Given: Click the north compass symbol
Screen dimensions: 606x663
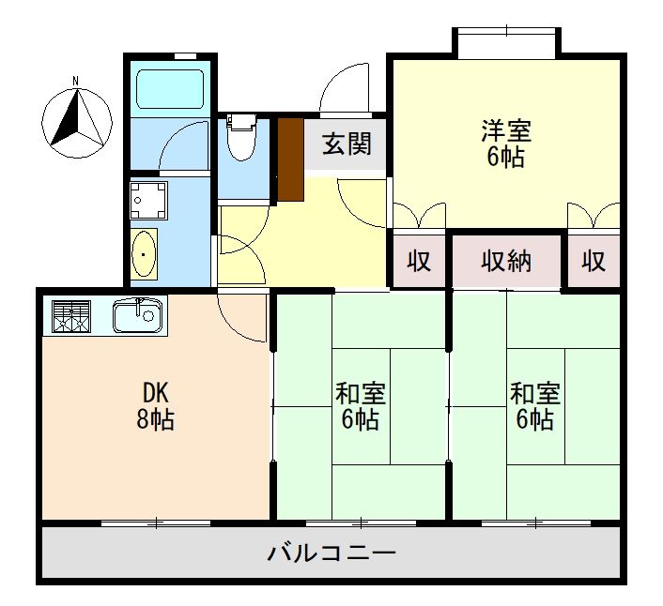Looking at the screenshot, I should pos(76,123).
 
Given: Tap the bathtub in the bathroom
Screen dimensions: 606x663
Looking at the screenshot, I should pos(170,90).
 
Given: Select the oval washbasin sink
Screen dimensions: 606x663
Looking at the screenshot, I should pos(144,253).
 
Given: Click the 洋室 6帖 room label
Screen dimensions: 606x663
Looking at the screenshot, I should pos(505,143).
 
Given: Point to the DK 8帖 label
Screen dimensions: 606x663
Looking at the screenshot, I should pos(154,405).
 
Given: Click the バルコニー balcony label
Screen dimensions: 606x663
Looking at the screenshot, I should pos(331,553).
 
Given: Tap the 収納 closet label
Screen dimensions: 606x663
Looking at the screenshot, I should pos(506,262).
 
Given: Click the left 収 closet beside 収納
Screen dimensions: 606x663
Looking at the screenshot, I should pos(419,262).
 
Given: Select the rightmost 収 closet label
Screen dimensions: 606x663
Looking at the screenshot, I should pos(594,262).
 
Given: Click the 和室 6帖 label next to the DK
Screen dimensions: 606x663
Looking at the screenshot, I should pos(360,405).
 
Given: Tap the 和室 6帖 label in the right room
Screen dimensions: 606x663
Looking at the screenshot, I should pos(534,405).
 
